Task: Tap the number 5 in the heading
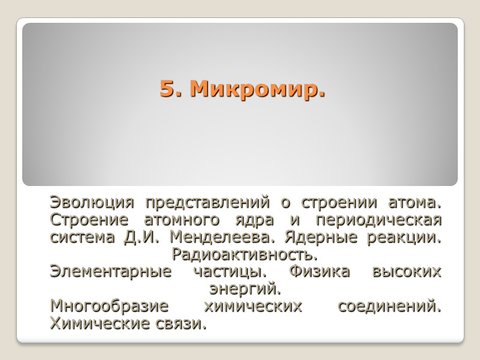(166, 90)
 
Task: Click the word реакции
(408, 237)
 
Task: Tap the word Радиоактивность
(244, 254)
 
